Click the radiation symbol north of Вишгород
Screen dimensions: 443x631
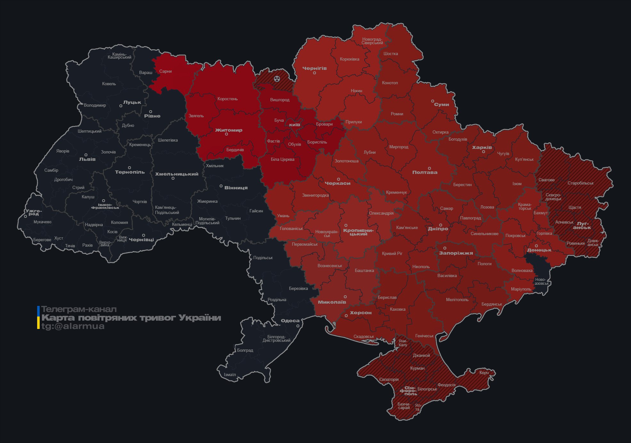(277, 78)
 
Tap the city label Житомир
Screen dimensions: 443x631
(229, 130)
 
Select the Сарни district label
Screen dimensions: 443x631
(166, 71)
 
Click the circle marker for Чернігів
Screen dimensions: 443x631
(314, 73)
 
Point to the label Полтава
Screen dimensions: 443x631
(425, 172)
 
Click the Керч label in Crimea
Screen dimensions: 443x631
(484, 373)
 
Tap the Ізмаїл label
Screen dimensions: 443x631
(230, 374)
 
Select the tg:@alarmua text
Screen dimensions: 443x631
(73, 326)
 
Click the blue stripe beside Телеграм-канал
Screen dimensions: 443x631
(38, 310)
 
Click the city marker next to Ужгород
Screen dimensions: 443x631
(26, 217)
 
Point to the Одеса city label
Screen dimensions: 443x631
(290, 321)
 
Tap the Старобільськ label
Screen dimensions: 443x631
(580, 183)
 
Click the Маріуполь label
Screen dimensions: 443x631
(521, 289)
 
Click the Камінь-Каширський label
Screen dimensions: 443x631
(119, 56)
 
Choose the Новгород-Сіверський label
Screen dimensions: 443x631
(372, 41)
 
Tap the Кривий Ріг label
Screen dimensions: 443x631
(392, 253)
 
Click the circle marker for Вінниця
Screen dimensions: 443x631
(221, 186)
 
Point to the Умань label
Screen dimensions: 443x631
(283, 216)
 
